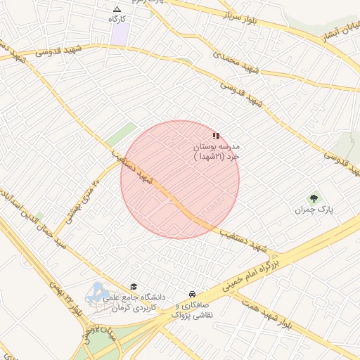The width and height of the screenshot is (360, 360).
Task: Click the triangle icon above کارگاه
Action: (117, 9)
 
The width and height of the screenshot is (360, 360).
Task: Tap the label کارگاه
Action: (117, 19)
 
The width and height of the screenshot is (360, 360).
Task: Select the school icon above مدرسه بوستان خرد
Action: (215, 135)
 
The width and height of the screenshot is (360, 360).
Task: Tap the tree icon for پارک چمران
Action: (314, 198)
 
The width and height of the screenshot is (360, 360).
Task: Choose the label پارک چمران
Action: (314, 210)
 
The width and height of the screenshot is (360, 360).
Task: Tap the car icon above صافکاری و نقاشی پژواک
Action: (192, 294)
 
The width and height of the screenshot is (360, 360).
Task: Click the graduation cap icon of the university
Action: (134, 286)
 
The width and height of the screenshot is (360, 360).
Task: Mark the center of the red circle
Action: (180, 179)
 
